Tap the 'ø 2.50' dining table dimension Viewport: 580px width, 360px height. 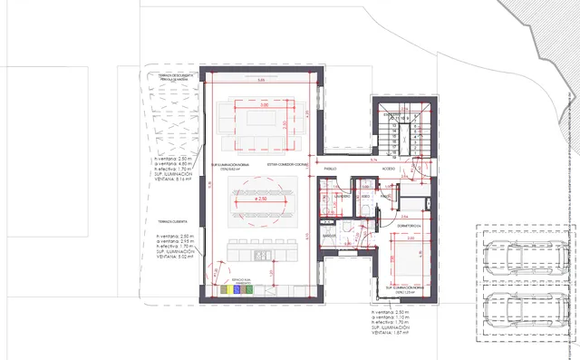(261, 198)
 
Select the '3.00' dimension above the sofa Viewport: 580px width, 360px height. (264, 106)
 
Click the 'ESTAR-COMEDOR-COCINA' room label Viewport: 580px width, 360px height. (288, 164)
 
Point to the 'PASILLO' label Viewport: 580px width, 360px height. (331, 169)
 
